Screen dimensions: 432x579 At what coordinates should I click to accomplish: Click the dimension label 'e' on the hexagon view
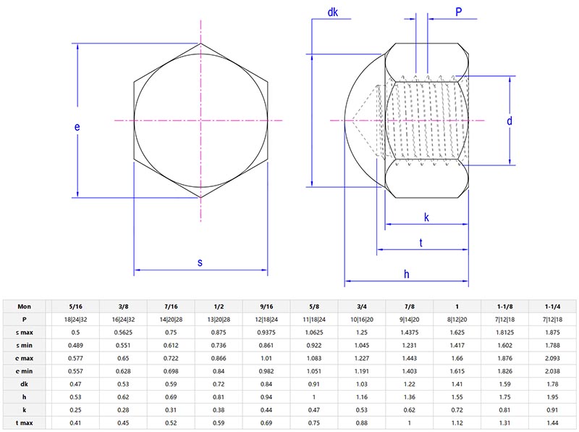[77, 127]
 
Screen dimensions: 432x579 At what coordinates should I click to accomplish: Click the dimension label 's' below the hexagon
[200, 262]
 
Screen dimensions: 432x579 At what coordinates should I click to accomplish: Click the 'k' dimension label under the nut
[426, 217]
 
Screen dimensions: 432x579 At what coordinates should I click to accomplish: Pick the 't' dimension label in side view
[421, 243]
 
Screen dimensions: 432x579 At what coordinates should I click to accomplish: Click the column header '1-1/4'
[553, 306]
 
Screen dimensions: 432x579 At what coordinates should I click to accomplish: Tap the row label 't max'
[24, 422]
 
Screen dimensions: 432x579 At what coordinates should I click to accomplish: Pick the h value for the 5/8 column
[314, 396]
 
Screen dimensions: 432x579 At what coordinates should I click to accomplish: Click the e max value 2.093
[553, 357]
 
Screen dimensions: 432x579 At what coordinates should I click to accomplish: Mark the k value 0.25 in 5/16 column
[75, 409]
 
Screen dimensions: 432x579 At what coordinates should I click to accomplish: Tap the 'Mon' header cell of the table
[24, 306]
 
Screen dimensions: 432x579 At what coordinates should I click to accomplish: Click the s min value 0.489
[75, 344]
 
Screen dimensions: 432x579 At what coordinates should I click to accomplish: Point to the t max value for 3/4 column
[362, 422]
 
